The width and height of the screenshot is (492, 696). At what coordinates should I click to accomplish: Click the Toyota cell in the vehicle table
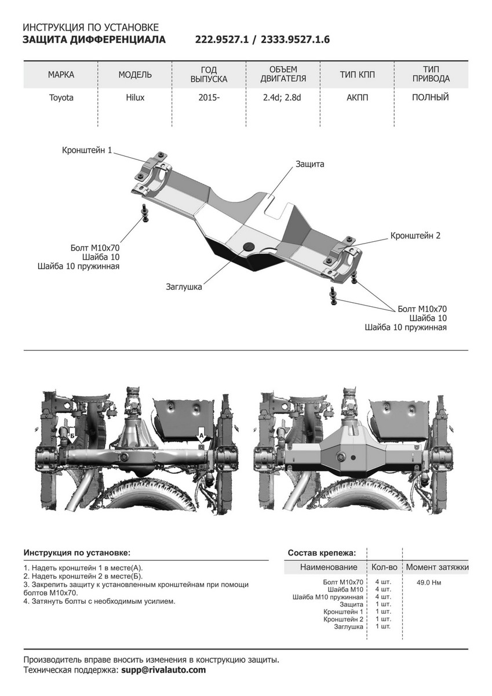click(61, 98)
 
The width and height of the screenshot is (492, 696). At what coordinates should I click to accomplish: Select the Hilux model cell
click(135, 98)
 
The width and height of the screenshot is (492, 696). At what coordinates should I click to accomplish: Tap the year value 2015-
click(209, 98)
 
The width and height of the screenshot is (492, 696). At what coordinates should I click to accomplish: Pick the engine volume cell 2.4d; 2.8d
click(282, 98)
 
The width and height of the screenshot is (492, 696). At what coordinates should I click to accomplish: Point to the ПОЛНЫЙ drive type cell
click(431, 97)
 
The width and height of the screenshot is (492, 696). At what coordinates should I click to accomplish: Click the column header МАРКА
click(61, 75)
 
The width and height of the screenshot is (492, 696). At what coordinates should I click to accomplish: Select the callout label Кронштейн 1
click(87, 150)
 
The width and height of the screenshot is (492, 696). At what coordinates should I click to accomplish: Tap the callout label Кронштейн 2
click(416, 235)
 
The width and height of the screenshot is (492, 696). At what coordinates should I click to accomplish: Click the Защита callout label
click(309, 164)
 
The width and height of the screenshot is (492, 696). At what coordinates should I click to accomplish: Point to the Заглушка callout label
click(184, 287)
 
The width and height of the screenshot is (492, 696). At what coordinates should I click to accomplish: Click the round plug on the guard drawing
click(249, 247)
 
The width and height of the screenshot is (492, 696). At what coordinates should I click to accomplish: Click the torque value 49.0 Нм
click(429, 582)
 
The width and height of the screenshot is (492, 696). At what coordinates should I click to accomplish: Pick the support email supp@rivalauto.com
click(163, 670)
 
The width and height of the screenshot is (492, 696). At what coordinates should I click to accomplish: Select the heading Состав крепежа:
click(322, 553)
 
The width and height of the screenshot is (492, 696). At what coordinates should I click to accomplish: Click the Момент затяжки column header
click(437, 567)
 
